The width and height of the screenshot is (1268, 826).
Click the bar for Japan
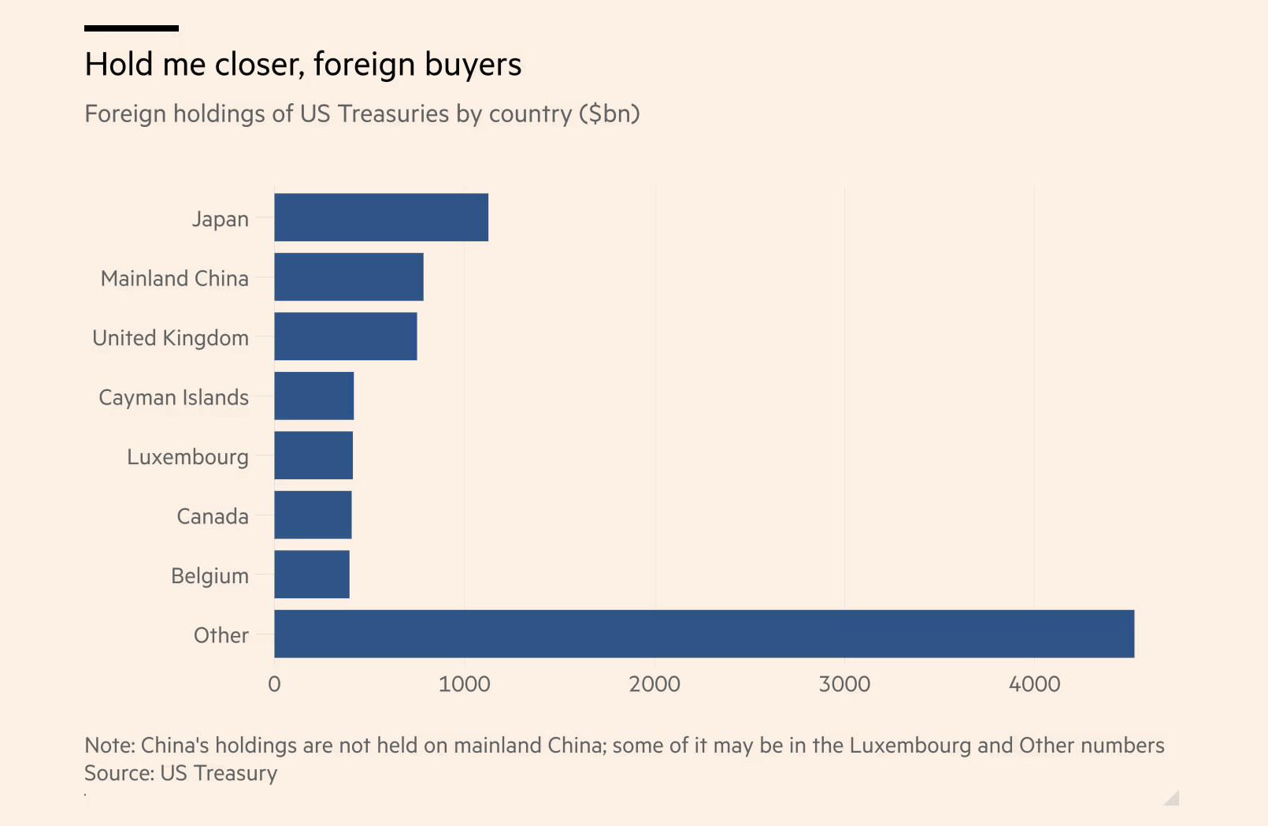(381, 218)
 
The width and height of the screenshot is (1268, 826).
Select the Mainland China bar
(349, 277)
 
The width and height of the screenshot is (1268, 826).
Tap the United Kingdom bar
(346, 337)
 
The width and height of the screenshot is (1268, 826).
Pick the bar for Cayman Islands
(314, 396)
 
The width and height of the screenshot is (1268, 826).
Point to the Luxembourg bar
(313, 456)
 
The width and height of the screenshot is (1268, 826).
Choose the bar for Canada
(313, 515)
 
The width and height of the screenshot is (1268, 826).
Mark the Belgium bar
(312, 575)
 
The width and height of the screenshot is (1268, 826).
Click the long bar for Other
(704, 634)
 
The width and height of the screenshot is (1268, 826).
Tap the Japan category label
(221, 219)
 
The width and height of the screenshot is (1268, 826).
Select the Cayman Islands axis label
(174, 397)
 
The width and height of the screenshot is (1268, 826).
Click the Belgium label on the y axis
(209, 576)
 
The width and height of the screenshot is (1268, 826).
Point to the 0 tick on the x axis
(274, 684)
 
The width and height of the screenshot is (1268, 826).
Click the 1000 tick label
(464, 684)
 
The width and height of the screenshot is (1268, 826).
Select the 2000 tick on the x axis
(654, 684)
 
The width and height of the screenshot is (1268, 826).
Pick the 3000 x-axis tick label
(844, 684)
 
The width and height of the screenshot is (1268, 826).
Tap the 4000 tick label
(1034, 684)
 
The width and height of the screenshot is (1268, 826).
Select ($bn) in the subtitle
(609, 114)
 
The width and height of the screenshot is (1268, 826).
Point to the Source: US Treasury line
(181, 773)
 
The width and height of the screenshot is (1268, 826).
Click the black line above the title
(132, 28)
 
